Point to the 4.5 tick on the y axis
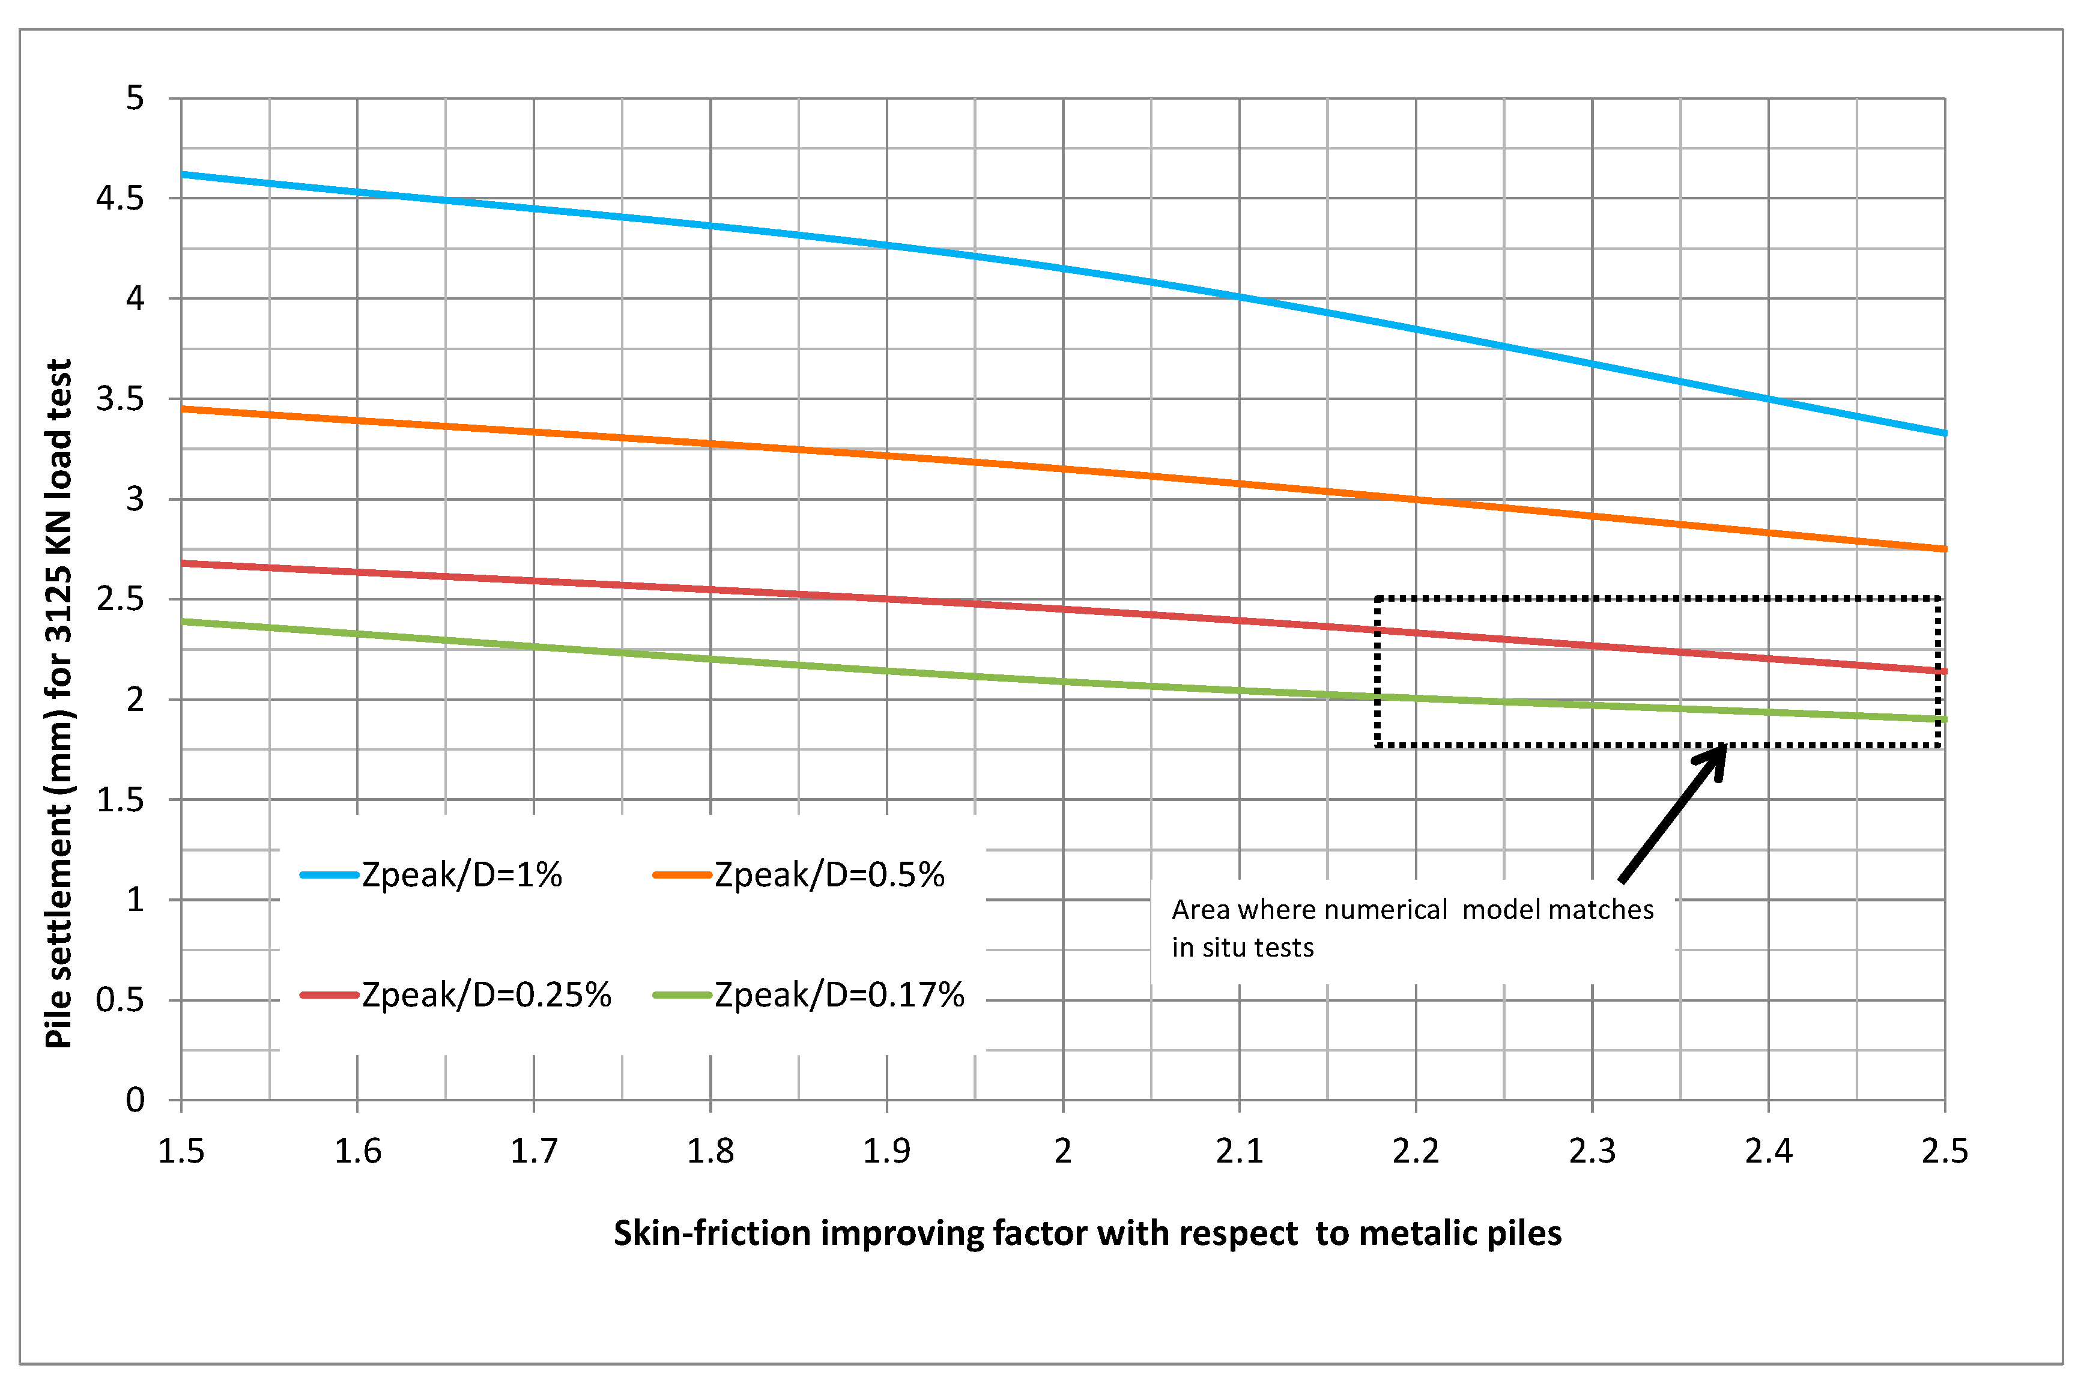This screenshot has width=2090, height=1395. (120, 198)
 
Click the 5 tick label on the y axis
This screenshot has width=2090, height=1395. (135, 98)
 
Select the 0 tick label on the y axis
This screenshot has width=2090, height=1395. (135, 1101)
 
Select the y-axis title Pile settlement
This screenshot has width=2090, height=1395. (59, 703)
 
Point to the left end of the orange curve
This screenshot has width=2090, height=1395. (183, 409)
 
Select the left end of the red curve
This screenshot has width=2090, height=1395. (183, 563)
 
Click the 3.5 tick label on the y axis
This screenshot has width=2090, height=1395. (120, 399)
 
